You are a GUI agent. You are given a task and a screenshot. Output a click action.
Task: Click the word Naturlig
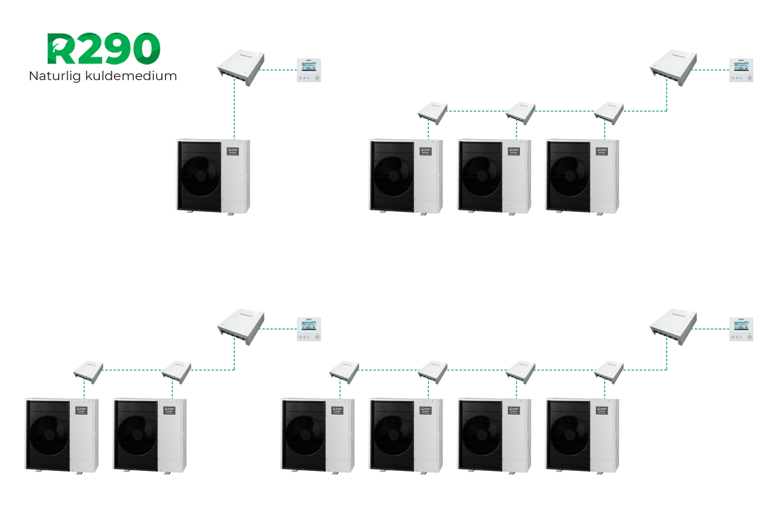click(54, 76)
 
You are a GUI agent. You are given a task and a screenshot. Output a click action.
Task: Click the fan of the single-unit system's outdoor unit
click(200, 175)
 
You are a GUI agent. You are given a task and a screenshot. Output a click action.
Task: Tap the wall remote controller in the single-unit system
click(309, 70)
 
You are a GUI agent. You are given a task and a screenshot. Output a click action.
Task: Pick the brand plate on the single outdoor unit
click(232, 151)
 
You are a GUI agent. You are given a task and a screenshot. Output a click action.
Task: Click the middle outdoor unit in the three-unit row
click(494, 176)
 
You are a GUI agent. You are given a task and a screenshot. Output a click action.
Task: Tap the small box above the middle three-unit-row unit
click(520, 112)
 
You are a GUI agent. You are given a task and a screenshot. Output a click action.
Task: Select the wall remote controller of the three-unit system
click(741, 70)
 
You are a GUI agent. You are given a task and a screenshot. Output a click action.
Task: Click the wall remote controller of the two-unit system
click(309, 329)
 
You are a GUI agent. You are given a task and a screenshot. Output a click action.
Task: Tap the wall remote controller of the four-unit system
click(741, 329)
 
